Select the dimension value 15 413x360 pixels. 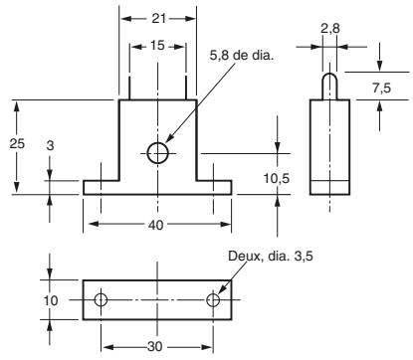[x=157, y=45]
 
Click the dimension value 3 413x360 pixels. [x=51, y=145]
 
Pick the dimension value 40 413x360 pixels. [x=156, y=225]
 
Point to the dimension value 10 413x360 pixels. [x=51, y=299]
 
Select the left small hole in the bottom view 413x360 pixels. [x=101, y=299]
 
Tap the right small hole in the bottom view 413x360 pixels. [x=213, y=299]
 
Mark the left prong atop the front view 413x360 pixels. [x=129, y=82]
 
